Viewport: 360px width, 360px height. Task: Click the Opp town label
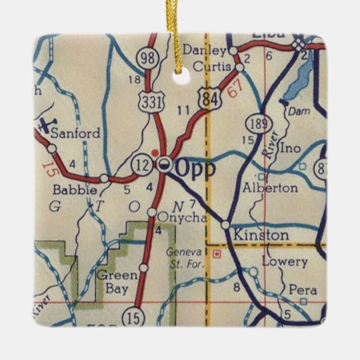(x=198, y=167)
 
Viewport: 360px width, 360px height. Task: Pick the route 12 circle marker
(x=141, y=166)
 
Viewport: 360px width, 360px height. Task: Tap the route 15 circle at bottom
(x=132, y=316)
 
